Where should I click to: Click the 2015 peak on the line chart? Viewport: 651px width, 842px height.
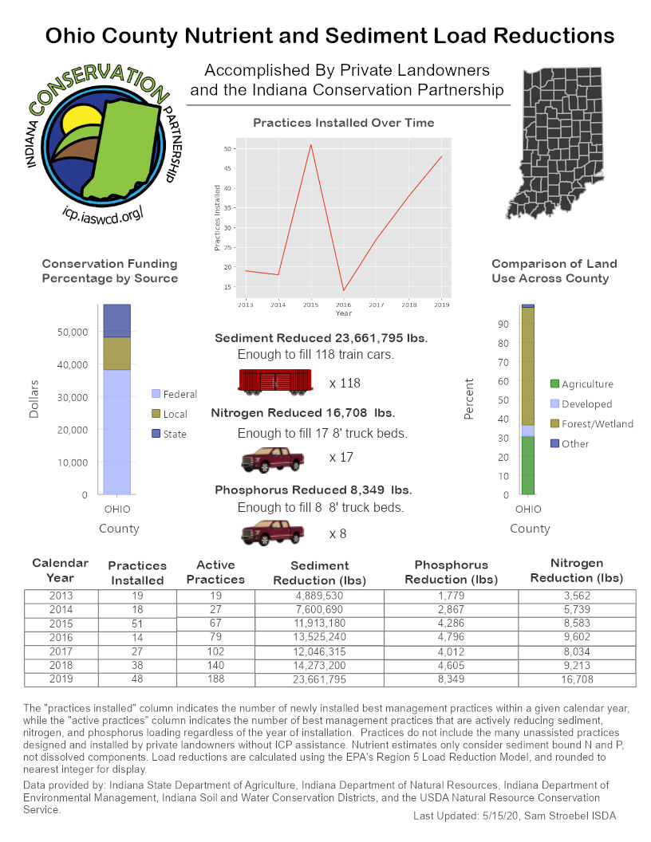click(x=310, y=144)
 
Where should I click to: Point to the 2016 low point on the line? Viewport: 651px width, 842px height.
click(x=343, y=290)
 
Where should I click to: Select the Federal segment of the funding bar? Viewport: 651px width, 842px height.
click(x=117, y=431)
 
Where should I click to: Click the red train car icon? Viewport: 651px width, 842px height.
click(x=274, y=381)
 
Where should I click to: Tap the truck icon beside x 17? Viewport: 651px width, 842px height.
click(x=273, y=460)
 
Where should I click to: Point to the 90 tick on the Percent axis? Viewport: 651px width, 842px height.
click(x=503, y=324)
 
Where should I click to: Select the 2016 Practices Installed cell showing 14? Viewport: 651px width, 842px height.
click(x=136, y=638)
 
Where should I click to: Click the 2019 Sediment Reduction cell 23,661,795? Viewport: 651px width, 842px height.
click(x=320, y=679)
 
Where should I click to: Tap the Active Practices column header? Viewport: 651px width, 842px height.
click(x=215, y=572)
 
